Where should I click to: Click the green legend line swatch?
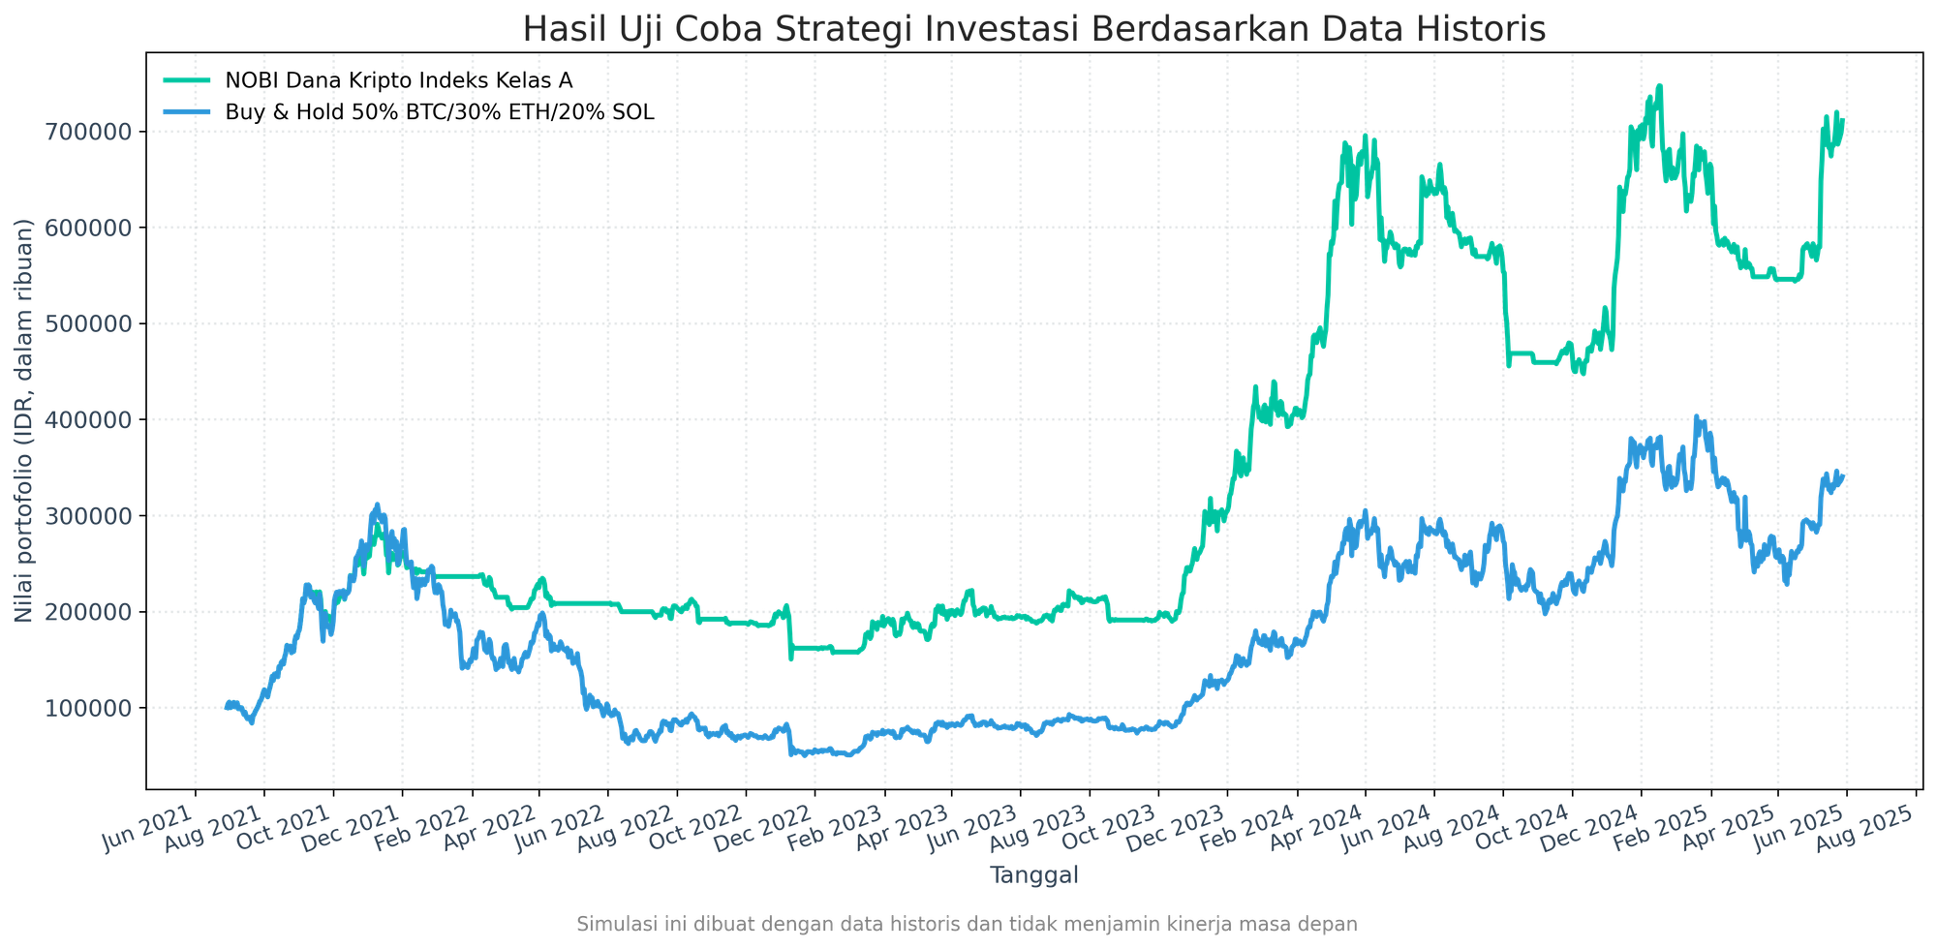pyautogui.click(x=187, y=79)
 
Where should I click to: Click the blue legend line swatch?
pyautogui.click(x=187, y=111)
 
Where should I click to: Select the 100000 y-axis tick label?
pyautogui.click(x=88, y=708)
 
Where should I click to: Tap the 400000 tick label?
pyautogui.click(x=88, y=419)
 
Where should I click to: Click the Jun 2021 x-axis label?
pyautogui.click(x=147, y=830)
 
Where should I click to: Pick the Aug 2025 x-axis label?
pyautogui.click(x=1863, y=830)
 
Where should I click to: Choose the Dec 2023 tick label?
pyautogui.click(x=1177, y=830)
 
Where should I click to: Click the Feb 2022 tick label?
pyautogui.click(x=422, y=830)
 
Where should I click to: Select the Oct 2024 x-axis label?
pyautogui.click(x=1521, y=830)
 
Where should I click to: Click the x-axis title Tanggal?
pyautogui.click(x=1034, y=874)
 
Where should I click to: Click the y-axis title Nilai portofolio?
pyautogui.click(x=23, y=419)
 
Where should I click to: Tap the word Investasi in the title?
pyautogui.click(x=1001, y=29)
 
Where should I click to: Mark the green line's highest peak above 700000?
pyautogui.click(x=1660, y=86)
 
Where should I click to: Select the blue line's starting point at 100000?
pyautogui.click(x=226, y=707)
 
